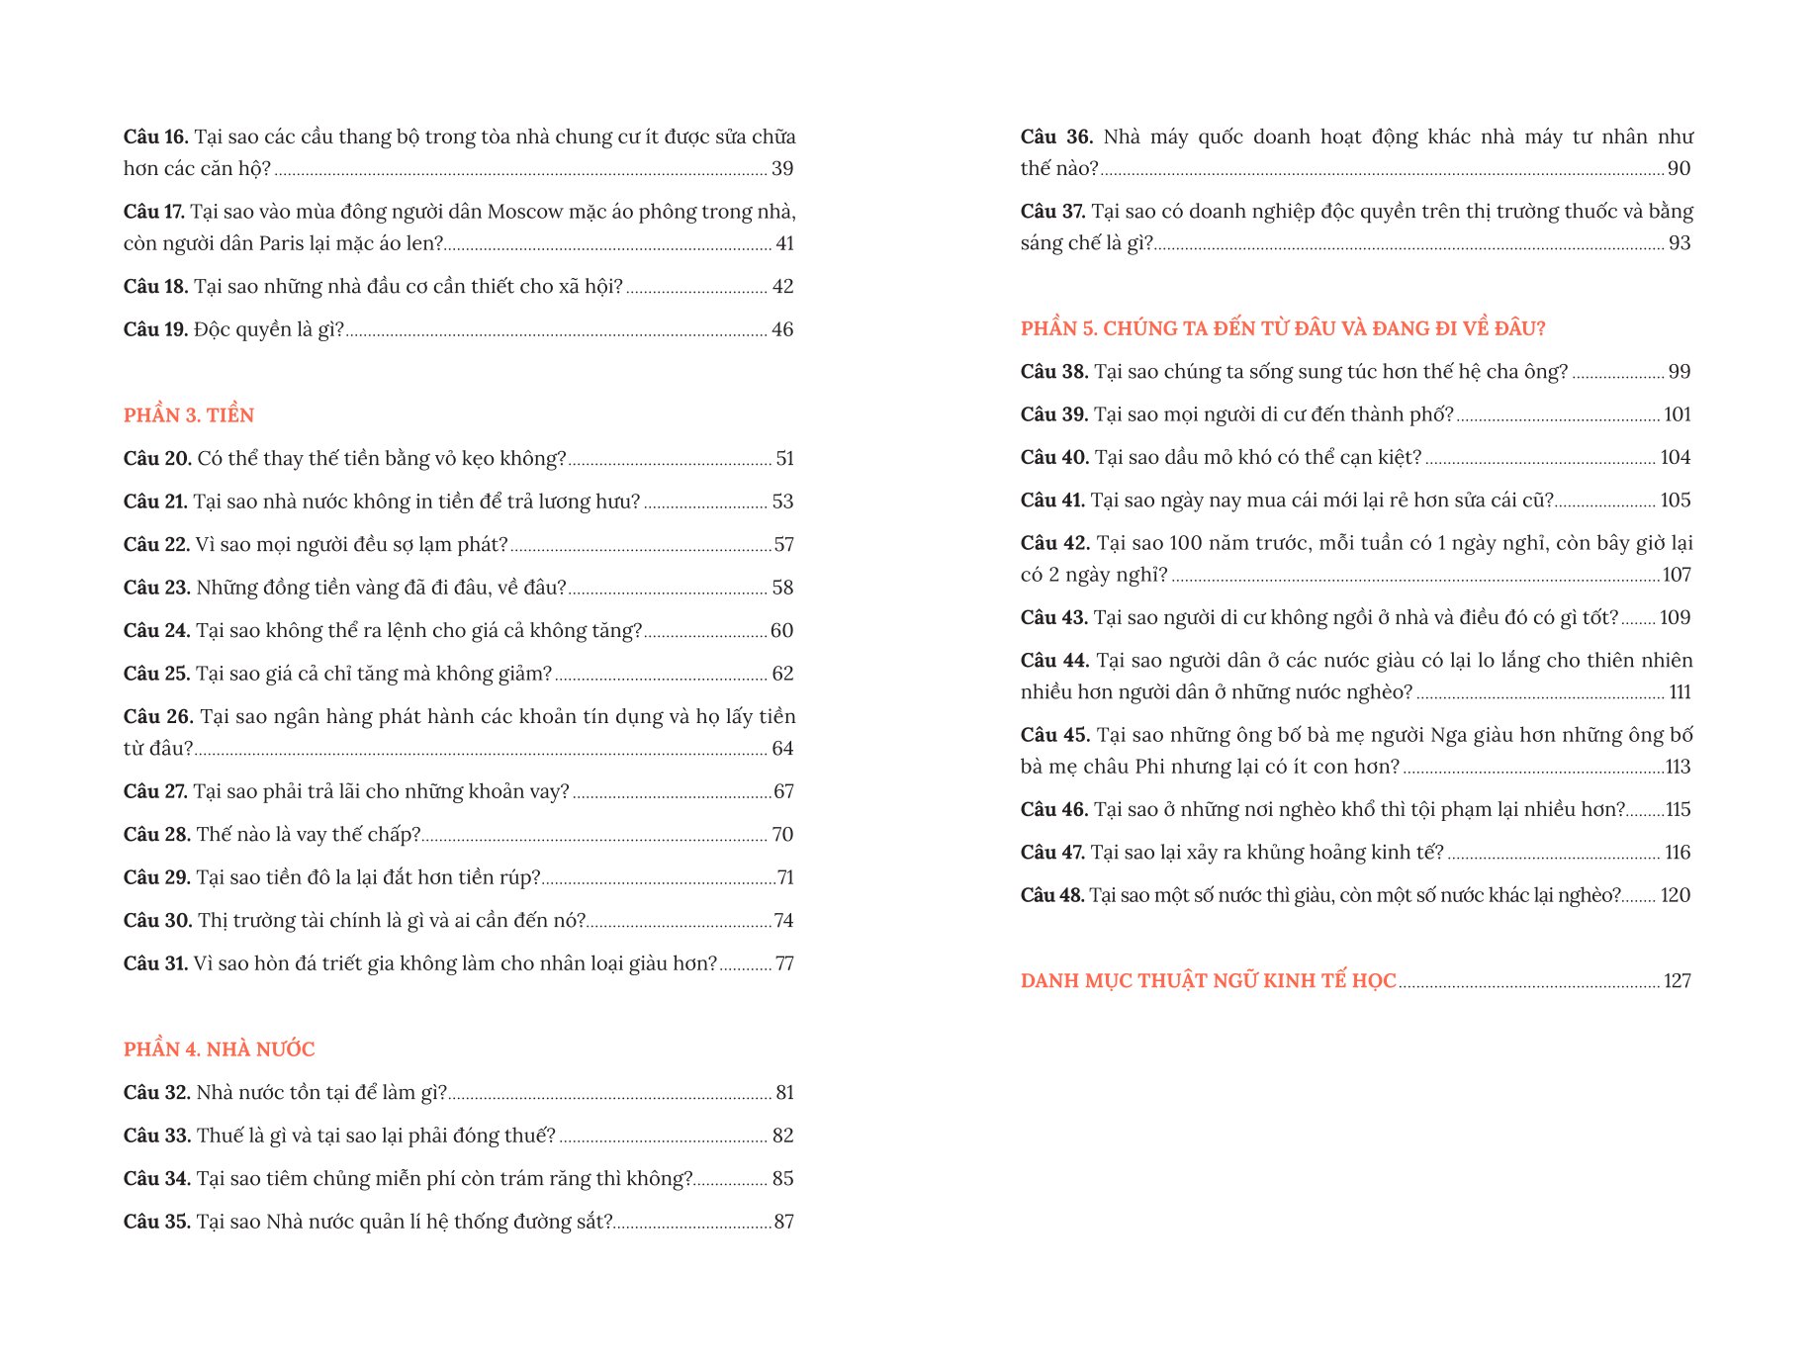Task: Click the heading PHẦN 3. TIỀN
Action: pyautogui.click(x=188, y=415)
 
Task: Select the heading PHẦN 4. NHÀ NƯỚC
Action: pyautogui.click(x=219, y=1049)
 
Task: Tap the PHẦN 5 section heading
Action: pyautogui.click(x=1282, y=328)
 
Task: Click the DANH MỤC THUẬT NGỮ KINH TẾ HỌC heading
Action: pyautogui.click(x=1208, y=981)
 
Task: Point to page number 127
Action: pyautogui.click(x=1677, y=981)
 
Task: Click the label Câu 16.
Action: pyautogui.click(x=155, y=137)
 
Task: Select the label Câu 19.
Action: pyautogui.click(x=155, y=329)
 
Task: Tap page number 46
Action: pyautogui.click(x=782, y=329)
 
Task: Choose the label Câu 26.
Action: pyautogui.click(x=157, y=716)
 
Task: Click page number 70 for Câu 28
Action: pyautogui.click(x=782, y=835)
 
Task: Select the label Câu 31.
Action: pyautogui.click(x=155, y=963)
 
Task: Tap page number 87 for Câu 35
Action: pyautogui.click(x=783, y=1222)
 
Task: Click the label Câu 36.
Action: pyautogui.click(x=1055, y=137)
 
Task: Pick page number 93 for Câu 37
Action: pyautogui.click(x=1680, y=243)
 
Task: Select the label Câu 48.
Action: pyautogui.click(x=1052, y=895)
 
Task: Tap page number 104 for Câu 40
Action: pyautogui.click(x=1675, y=457)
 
